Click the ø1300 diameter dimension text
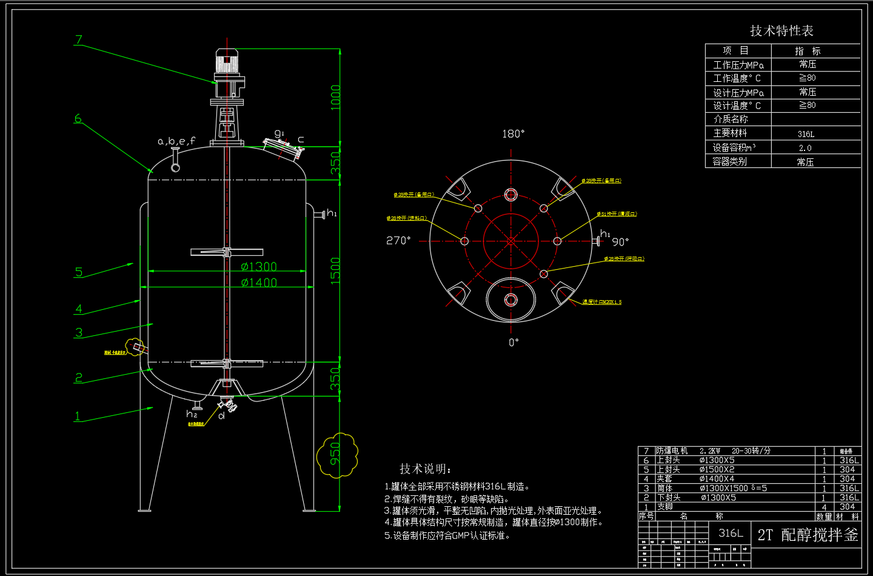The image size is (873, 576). click(259, 266)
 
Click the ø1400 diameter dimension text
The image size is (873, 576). click(259, 283)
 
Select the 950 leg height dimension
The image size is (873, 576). click(335, 454)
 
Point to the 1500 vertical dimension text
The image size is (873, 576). click(335, 269)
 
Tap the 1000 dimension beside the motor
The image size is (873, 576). click(335, 97)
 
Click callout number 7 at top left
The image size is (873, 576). click(78, 40)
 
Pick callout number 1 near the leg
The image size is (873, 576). click(77, 416)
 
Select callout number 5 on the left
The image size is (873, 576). click(78, 272)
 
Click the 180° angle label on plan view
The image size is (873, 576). click(513, 133)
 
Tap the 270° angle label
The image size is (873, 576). click(398, 241)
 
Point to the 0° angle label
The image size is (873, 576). click(513, 343)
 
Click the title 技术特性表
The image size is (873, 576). click(781, 30)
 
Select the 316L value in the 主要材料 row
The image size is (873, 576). click(806, 134)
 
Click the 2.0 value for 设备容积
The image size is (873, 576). click(805, 148)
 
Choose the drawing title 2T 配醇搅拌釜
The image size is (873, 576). click(808, 535)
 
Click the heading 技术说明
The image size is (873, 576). click(426, 469)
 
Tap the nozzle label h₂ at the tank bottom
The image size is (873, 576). click(192, 414)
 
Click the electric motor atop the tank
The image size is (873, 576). click(226, 63)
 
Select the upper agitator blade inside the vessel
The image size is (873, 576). click(226, 252)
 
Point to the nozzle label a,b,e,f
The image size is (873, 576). click(176, 141)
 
